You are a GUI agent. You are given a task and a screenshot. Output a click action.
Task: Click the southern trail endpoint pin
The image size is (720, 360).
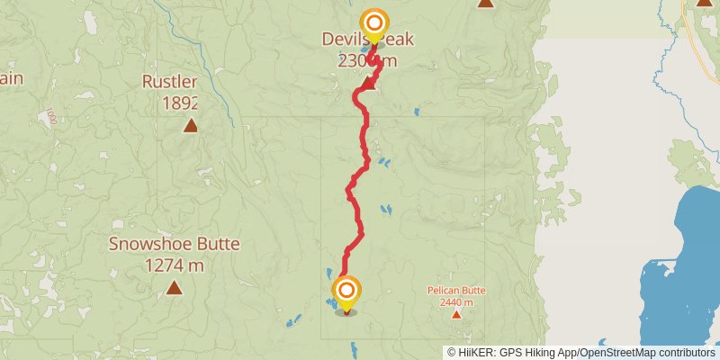346,291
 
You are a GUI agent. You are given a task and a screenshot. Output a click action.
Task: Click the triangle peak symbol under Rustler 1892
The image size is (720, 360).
190,125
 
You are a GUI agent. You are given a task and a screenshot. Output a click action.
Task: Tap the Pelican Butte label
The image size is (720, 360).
455,291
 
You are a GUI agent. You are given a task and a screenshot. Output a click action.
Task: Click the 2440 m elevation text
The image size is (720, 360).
455,302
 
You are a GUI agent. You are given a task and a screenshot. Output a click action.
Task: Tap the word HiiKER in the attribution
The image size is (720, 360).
476,352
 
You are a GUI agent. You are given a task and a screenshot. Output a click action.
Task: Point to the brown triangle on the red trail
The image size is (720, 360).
369,85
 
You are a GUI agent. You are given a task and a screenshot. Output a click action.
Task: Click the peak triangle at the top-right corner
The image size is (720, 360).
704,3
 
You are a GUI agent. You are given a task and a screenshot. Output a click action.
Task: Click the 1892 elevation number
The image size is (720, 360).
180,103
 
